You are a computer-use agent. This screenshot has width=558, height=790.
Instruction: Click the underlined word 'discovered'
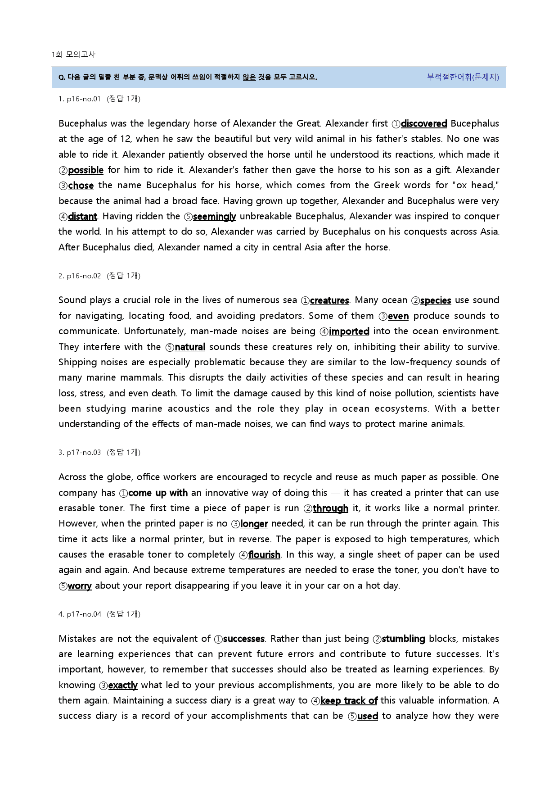click(423, 123)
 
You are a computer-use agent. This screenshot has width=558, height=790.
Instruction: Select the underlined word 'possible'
click(85, 170)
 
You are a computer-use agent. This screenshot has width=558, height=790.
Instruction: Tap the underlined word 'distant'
click(82, 217)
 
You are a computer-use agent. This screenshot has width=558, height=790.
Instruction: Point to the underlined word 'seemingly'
click(214, 217)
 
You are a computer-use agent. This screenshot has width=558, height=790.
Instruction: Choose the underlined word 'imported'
click(349, 331)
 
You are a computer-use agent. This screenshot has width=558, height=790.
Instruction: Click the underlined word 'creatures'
click(329, 300)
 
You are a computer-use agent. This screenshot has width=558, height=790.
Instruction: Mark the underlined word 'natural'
click(190, 347)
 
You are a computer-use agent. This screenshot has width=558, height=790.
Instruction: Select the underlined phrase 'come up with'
click(158, 493)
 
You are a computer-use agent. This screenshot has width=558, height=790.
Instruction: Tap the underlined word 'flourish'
click(264, 554)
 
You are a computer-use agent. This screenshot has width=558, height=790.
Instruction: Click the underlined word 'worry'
click(80, 586)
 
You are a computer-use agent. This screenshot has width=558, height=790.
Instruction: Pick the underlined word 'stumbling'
click(403, 639)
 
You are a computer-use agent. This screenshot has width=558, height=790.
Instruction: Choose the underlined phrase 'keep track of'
click(349, 700)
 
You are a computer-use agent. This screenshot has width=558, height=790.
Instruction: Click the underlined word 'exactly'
click(122, 685)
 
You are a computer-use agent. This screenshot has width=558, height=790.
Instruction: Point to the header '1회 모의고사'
click(73, 54)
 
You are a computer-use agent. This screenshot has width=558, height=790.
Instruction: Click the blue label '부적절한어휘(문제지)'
click(463, 77)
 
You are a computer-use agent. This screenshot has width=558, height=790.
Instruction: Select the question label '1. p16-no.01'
click(79, 99)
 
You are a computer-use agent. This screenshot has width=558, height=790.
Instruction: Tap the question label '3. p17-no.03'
click(80, 452)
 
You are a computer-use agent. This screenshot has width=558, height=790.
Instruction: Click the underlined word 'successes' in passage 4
click(243, 639)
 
